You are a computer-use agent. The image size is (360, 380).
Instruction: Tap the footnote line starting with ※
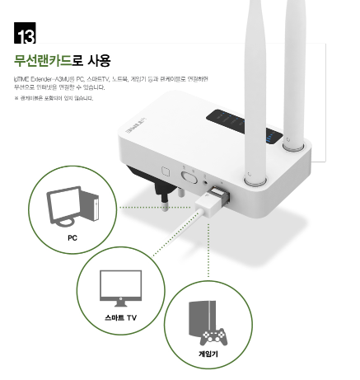(54, 99)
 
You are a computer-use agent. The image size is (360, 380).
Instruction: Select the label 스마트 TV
(120, 317)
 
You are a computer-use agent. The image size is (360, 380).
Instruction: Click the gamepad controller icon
(213, 336)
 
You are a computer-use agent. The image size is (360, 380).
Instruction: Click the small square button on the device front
(166, 174)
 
